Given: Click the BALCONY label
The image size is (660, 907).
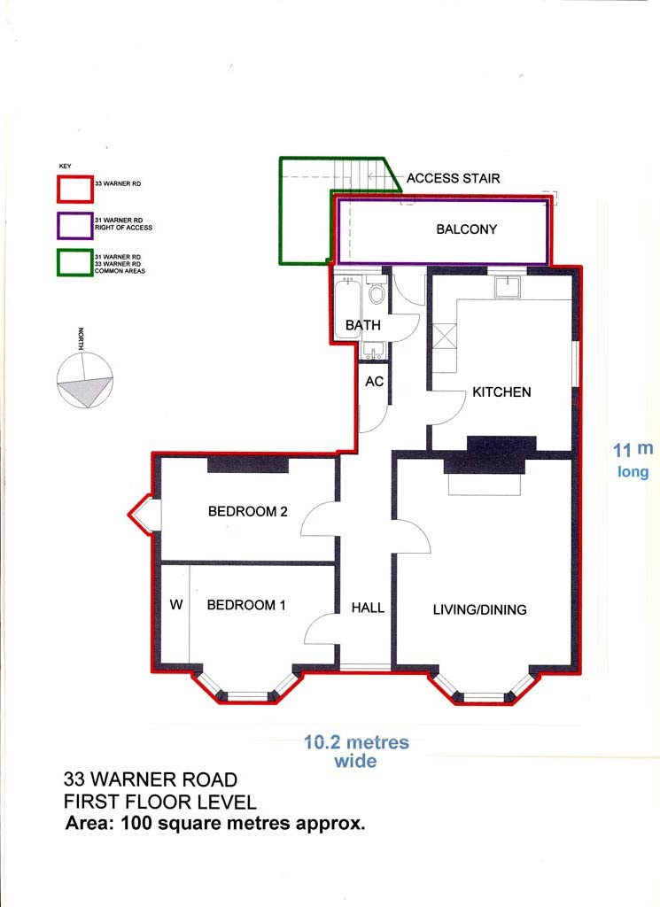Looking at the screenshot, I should tap(466, 229).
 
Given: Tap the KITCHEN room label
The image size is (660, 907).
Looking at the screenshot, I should tap(501, 391).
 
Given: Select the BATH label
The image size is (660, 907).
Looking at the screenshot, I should tap(363, 326).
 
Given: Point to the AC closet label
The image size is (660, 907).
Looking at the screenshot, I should tap(374, 382).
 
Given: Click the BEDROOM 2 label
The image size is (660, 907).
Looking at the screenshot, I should tap(247, 511).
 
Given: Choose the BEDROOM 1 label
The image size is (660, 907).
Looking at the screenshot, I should tap(246, 606).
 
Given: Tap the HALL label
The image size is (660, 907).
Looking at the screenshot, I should tap(368, 608).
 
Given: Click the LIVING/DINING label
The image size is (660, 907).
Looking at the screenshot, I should tap(479, 609).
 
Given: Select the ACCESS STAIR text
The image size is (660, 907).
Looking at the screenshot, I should tap(453, 178).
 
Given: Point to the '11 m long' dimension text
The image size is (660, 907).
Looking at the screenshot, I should tap(633, 461).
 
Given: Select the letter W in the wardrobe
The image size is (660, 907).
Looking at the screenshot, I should tap(175, 606).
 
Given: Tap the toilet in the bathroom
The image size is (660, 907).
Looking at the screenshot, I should tap(377, 292).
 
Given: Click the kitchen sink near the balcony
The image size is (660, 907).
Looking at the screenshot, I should tap(507, 285).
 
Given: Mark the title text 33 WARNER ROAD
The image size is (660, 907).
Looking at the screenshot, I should tap(151, 780).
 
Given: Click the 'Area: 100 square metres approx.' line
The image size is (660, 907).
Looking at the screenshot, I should tap(215, 823).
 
